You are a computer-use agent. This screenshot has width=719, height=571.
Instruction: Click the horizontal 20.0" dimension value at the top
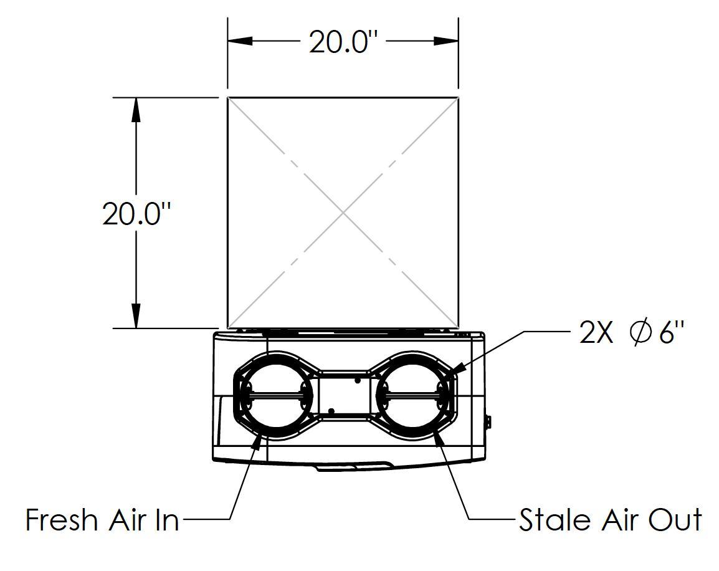tap(343, 42)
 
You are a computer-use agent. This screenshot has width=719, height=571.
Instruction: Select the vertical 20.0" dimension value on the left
tap(136, 213)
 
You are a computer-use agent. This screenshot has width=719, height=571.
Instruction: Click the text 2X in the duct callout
tap(597, 333)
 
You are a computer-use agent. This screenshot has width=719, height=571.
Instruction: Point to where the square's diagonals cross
tap(343, 213)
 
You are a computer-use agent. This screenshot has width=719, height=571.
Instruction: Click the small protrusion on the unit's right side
tap(488, 422)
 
